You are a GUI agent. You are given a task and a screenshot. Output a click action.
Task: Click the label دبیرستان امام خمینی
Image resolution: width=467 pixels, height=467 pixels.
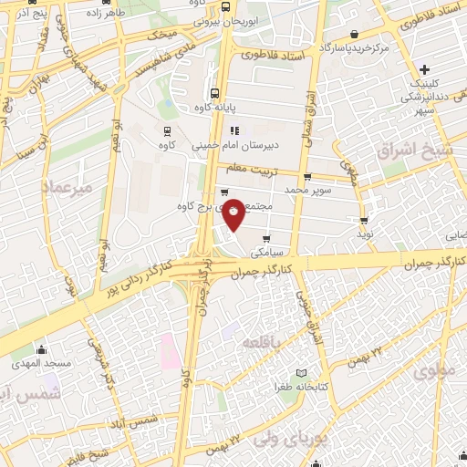click(x=235, y=144)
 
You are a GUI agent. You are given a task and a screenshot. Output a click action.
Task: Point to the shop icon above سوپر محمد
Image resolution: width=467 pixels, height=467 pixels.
click(x=306, y=177)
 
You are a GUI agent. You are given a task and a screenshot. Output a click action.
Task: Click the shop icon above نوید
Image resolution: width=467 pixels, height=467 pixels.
click(x=364, y=220)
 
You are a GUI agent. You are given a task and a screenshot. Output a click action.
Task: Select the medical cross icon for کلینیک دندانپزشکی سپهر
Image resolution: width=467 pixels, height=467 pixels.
click(x=424, y=70)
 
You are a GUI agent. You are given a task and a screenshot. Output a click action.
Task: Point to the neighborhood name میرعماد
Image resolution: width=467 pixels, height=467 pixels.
click(x=67, y=186)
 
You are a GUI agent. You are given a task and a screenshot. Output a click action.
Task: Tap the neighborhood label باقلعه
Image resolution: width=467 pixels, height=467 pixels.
click(x=265, y=341)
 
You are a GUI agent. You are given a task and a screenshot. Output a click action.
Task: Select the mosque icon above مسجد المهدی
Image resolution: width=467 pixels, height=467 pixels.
click(x=41, y=349)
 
